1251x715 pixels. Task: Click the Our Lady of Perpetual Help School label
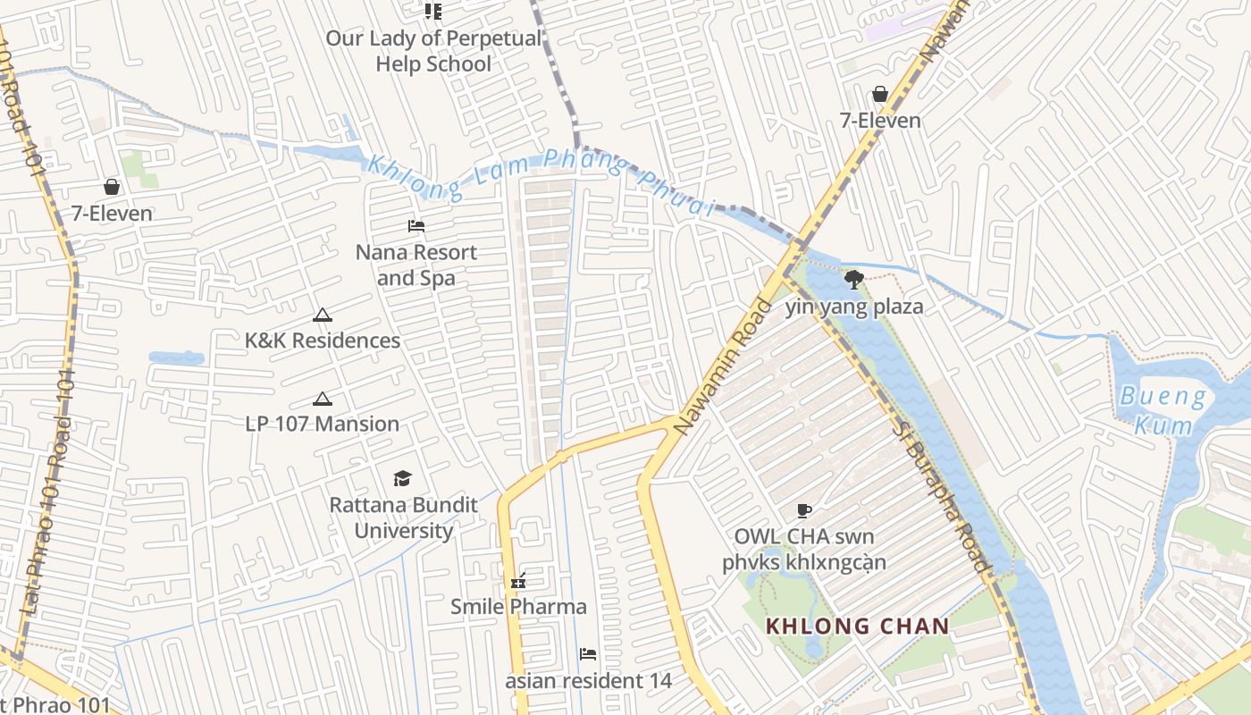(x=433, y=51)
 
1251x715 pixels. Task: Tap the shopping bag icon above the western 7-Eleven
(x=112, y=187)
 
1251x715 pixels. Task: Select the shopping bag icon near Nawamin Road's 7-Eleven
(x=880, y=94)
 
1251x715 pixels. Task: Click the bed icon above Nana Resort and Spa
(x=416, y=226)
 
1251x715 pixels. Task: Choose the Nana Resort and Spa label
(x=416, y=265)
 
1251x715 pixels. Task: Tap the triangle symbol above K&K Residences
(x=323, y=315)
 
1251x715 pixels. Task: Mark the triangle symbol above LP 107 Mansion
(x=323, y=399)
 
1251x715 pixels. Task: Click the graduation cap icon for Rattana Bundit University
(x=403, y=479)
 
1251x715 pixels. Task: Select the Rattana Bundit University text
(x=403, y=517)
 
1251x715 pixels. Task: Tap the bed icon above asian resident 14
(x=588, y=654)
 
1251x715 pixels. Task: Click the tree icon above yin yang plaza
(x=854, y=280)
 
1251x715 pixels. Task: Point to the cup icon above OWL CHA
(x=804, y=511)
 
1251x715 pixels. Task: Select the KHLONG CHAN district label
(x=857, y=626)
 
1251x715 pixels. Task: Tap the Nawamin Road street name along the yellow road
(x=723, y=366)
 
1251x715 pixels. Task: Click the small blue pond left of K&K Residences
(x=176, y=358)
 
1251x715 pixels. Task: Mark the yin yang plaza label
(x=854, y=307)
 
